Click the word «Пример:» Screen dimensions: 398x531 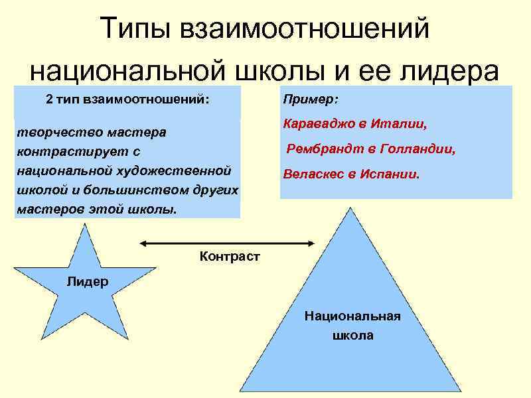click(x=310, y=99)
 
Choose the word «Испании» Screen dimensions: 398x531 click(x=390, y=175)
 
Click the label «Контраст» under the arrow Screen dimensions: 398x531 click(x=230, y=256)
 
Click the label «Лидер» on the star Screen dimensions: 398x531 click(x=87, y=281)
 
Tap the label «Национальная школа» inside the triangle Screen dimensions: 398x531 click(x=352, y=325)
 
